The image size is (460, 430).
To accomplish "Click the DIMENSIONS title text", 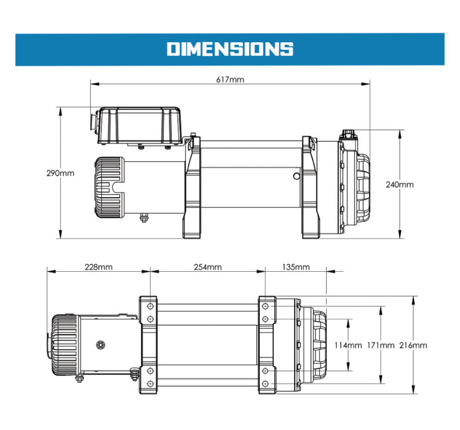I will (x=230, y=49).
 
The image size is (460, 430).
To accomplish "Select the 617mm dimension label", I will (x=230, y=79).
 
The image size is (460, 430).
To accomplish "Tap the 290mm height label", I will (x=61, y=173).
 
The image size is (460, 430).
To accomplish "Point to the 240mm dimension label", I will (x=399, y=185).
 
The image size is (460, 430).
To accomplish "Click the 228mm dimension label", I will (x=98, y=267).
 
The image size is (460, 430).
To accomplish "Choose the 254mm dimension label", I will (x=207, y=267).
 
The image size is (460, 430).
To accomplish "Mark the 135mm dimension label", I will (x=295, y=267).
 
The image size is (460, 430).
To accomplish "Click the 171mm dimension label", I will (x=380, y=345).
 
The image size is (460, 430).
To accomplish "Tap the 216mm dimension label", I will (x=413, y=345).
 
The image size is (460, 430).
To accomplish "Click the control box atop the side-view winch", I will (x=139, y=125).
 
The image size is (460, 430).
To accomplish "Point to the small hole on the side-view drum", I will (x=296, y=174).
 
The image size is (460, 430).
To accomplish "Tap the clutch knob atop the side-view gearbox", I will (x=349, y=135).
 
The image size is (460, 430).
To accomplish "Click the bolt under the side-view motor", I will (x=143, y=218).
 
